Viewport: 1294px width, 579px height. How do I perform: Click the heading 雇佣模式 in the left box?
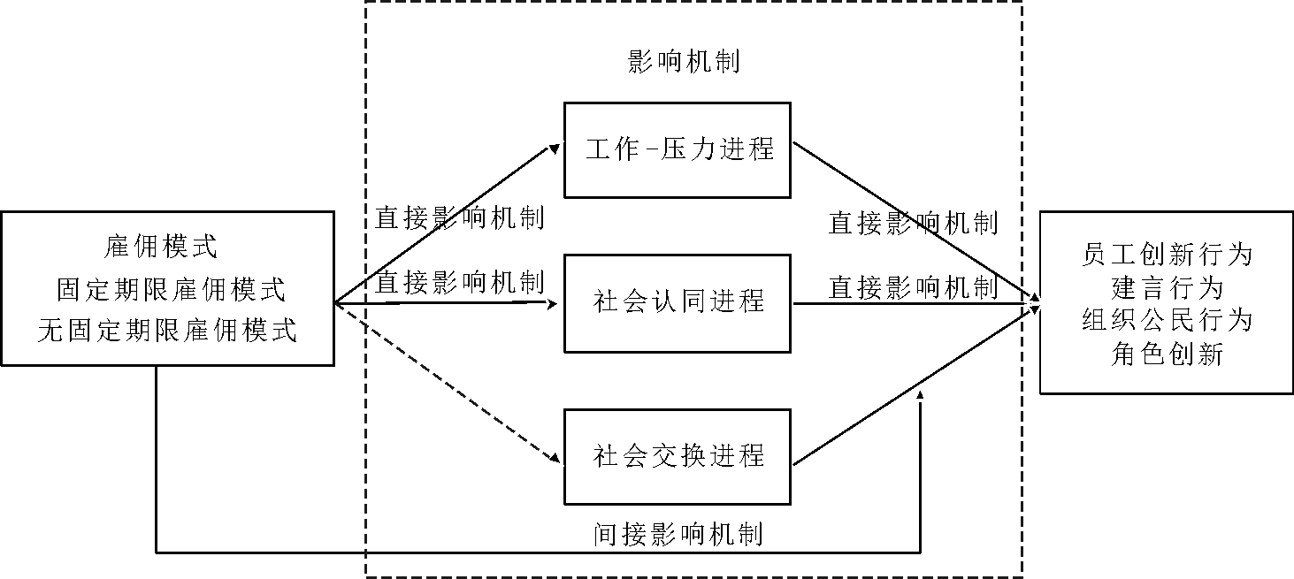coord(160,247)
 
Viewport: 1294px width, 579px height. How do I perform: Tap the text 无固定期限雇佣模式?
coord(167,331)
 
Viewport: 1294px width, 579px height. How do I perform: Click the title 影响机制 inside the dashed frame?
coord(683,61)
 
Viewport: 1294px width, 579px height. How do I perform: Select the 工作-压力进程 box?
coord(678,149)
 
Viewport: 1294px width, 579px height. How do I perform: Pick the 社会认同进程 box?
coord(678,302)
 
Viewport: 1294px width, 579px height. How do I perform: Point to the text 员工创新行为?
coord(1167,255)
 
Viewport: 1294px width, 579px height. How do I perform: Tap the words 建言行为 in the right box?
coord(1167,288)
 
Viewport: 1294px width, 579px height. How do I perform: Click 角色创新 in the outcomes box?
coord(1167,354)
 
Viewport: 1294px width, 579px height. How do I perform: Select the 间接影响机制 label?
coord(678,533)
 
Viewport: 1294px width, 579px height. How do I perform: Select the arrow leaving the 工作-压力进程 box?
coord(911,221)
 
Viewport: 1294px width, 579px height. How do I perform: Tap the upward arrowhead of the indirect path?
coord(921,396)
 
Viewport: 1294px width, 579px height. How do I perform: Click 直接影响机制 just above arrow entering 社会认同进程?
coord(459,283)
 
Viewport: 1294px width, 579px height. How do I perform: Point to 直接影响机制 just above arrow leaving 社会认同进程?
coord(913,286)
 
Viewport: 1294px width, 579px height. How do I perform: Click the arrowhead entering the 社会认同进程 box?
coord(555,305)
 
